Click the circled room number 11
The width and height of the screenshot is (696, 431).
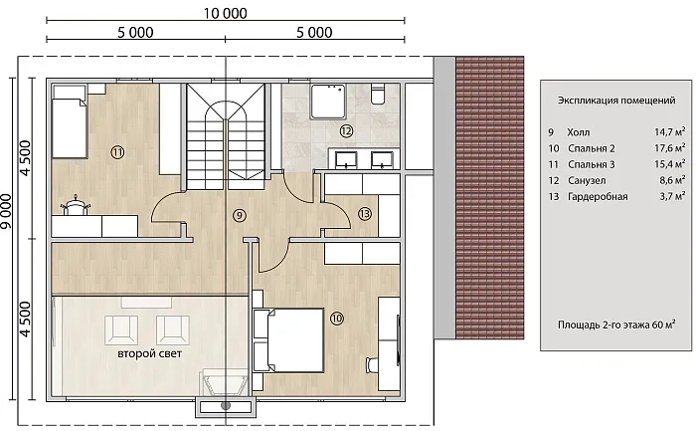point(117,152)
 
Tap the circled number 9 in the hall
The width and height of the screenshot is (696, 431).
point(239,215)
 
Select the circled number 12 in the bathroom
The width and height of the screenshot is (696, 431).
point(346,130)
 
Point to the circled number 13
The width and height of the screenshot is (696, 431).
point(365,214)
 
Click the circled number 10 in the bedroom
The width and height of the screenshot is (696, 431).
point(337,319)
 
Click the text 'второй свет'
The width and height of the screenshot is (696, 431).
point(149,353)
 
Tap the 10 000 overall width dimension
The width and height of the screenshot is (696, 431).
point(226,13)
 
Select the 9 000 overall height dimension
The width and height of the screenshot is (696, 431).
point(6,211)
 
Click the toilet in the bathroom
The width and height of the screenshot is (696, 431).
point(378,95)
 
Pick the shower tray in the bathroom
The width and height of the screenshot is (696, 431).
point(329,102)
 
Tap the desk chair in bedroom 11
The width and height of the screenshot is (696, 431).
point(76,205)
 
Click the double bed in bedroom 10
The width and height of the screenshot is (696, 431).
point(288,340)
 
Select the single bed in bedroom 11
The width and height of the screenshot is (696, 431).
point(70,121)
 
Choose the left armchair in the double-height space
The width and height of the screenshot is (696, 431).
point(121,329)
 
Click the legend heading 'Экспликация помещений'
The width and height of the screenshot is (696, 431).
point(616,101)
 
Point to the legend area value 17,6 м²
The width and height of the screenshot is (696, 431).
point(669,147)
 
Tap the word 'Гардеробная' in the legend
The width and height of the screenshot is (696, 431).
point(598,197)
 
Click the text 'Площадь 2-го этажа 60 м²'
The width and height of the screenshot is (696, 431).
point(616,324)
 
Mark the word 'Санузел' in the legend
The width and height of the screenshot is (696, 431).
point(587,181)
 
